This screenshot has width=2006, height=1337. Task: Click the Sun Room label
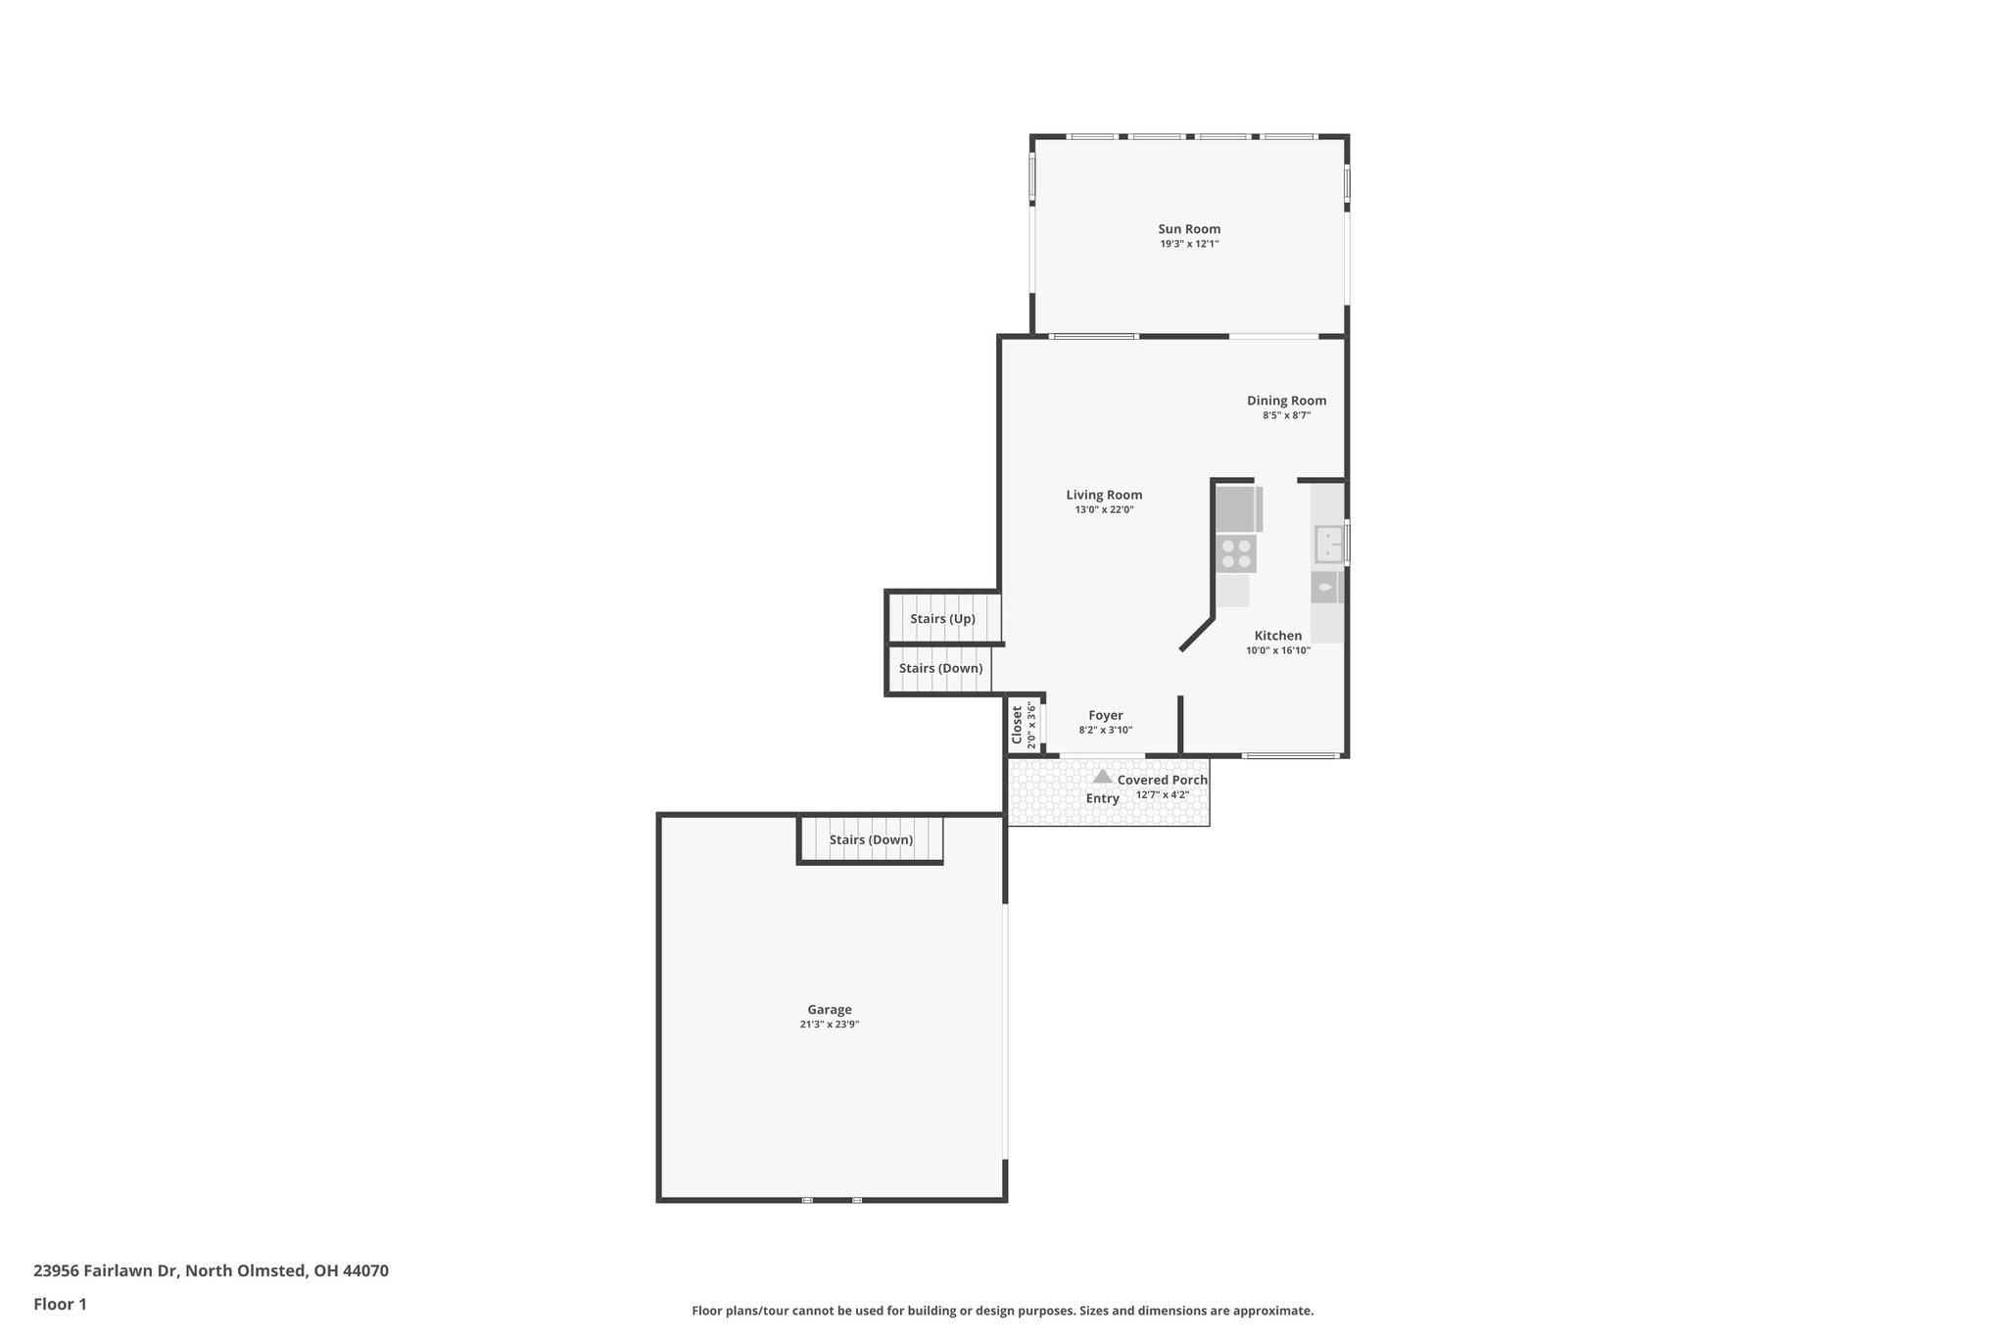(1189, 229)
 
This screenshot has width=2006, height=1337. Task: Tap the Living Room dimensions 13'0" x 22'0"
(1104, 510)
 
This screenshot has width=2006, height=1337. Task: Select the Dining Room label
(1286, 401)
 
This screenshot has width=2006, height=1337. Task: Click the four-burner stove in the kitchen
(1236, 554)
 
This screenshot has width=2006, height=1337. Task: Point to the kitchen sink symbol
(1328, 545)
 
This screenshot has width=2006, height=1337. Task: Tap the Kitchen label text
(1277, 636)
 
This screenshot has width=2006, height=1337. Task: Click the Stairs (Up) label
(942, 619)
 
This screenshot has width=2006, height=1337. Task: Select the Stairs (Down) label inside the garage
(871, 840)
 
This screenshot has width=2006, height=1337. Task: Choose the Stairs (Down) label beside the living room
(940, 669)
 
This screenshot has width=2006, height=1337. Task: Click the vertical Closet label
(1018, 726)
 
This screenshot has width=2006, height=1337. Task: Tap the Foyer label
(1105, 716)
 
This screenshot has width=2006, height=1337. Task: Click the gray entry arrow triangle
(1102, 777)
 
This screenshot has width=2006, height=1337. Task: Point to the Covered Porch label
(1162, 781)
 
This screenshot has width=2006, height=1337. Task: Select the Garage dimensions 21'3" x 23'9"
(829, 1025)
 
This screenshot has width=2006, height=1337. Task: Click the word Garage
(829, 1010)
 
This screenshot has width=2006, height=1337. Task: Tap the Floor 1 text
(60, 1305)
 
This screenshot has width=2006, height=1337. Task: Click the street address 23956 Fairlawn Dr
(106, 1271)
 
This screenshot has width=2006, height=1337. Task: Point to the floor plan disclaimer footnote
(1002, 1311)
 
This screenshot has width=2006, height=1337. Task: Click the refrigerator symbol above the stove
(1236, 509)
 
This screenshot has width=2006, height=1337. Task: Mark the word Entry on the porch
(1102, 798)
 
